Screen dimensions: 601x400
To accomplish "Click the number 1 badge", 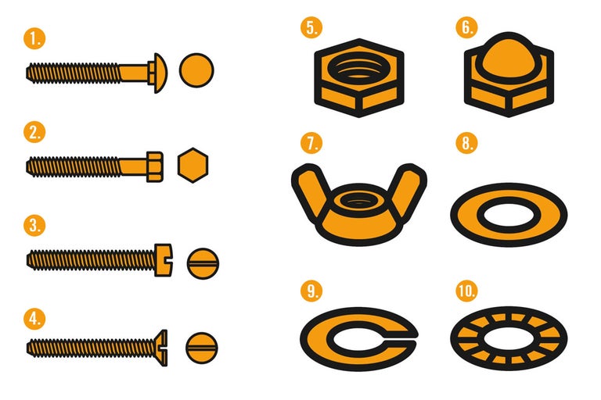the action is pyautogui.click(x=34, y=38).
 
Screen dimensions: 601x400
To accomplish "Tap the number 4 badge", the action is pyautogui.click(x=34, y=319).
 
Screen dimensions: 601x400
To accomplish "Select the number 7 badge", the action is pyautogui.click(x=311, y=143).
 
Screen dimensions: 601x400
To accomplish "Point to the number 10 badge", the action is pyautogui.click(x=466, y=291).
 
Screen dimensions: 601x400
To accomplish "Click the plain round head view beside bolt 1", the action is pyautogui.click(x=196, y=70).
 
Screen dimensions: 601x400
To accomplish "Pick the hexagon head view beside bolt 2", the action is pyautogui.click(x=193, y=165).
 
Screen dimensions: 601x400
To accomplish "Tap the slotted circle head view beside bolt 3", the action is pyautogui.click(x=203, y=263).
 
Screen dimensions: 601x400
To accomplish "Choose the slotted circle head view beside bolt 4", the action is pyautogui.click(x=202, y=348).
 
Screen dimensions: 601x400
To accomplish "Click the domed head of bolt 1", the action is pyautogui.click(x=159, y=73).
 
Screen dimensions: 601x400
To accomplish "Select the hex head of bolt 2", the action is pyautogui.click(x=155, y=166).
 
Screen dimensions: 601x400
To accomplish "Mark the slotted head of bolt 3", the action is pyautogui.click(x=164, y=260).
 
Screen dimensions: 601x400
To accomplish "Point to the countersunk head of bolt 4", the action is pyautogui.click(x=162, y=348).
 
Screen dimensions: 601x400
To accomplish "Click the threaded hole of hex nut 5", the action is pyautogui.click(x=358, y=68).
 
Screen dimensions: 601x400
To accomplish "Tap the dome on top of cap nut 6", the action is pyautogui.click(x=509, y=57).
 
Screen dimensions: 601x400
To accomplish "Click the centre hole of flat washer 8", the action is pyautogui.click(x=509, y=215).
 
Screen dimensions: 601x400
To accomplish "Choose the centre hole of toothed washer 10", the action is pyautogui.click(x=509, y=338).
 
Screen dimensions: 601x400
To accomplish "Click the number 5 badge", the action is pyautogui.click(x=311, y=27).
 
